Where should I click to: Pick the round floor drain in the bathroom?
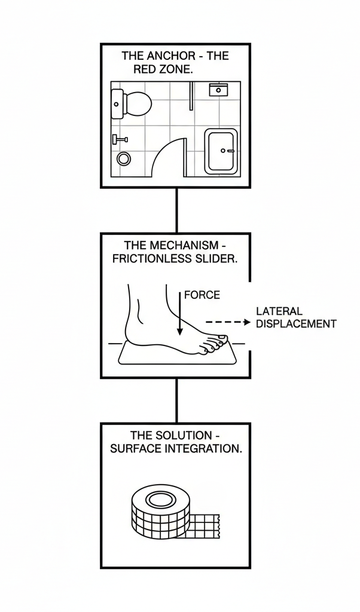pyautogui.click(x=124, y=158)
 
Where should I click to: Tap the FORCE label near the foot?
pyautogui.click(x=202, y=295)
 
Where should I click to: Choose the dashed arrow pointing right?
pyautogui.click(x=227, y=322)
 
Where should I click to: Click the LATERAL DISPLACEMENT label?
pyautogui.click(x=295, y=318)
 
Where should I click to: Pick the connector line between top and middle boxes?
pyautogui.click(x=176, y=210)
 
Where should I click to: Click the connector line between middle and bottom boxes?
pyautogui.click(x=176, y=400)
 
